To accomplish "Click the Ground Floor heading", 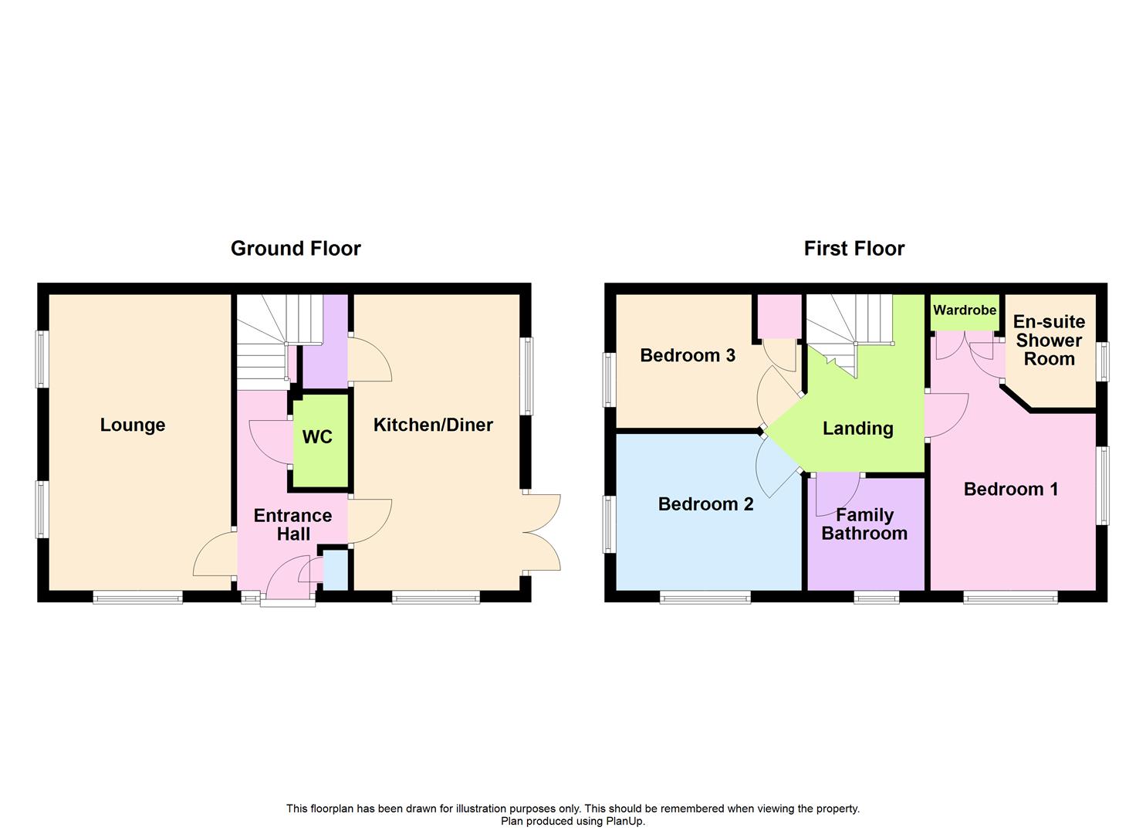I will pos(296,249).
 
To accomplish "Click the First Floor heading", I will pos(854,249).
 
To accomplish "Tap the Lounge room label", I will pos(133,425).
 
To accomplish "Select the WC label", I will pos(317,437).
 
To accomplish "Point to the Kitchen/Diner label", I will pos(433,425).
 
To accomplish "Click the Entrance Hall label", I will pos(293,524).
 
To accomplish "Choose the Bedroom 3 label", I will pos(688,355).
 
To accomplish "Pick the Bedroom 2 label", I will pos(705,504).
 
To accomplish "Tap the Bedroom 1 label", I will pos(1010,489).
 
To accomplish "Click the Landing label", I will pos(857,429).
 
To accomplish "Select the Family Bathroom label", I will pos(864,524).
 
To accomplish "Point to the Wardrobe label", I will pos(965,310).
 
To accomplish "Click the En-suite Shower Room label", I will pos(1049,341).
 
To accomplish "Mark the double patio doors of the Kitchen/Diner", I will pos(543,532).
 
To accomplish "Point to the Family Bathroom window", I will pos(876,597).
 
